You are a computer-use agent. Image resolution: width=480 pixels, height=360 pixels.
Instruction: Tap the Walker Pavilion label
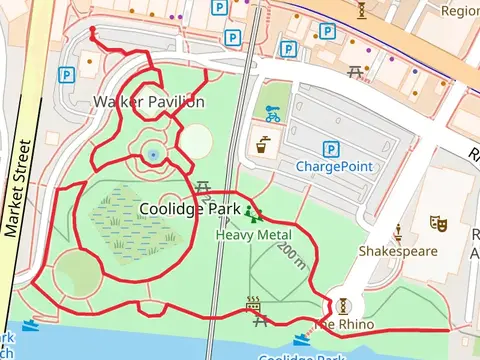[x=149, y=102]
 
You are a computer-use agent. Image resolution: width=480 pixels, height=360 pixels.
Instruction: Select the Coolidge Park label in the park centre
[x=189, y=209]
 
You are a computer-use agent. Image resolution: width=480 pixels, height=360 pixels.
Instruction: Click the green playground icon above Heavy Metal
[x=251, y=213]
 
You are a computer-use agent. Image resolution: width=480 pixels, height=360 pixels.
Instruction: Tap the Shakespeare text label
[x=398, y=251]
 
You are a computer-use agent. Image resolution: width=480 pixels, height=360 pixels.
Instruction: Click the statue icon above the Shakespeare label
[x=397, y=232]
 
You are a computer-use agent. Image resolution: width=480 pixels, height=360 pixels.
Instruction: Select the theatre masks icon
[x=437, y=222]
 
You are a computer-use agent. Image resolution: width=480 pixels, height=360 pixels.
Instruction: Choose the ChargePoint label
[x=333, y=165]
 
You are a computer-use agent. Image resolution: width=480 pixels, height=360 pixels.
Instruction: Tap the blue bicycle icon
[x=273, y=115]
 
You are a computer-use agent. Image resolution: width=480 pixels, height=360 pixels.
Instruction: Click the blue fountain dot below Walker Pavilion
[x=152, y=154]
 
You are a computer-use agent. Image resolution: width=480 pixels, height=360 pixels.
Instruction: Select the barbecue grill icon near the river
[x=254, y=303]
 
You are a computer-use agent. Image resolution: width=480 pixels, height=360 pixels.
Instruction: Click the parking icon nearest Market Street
[x=66, y=75]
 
